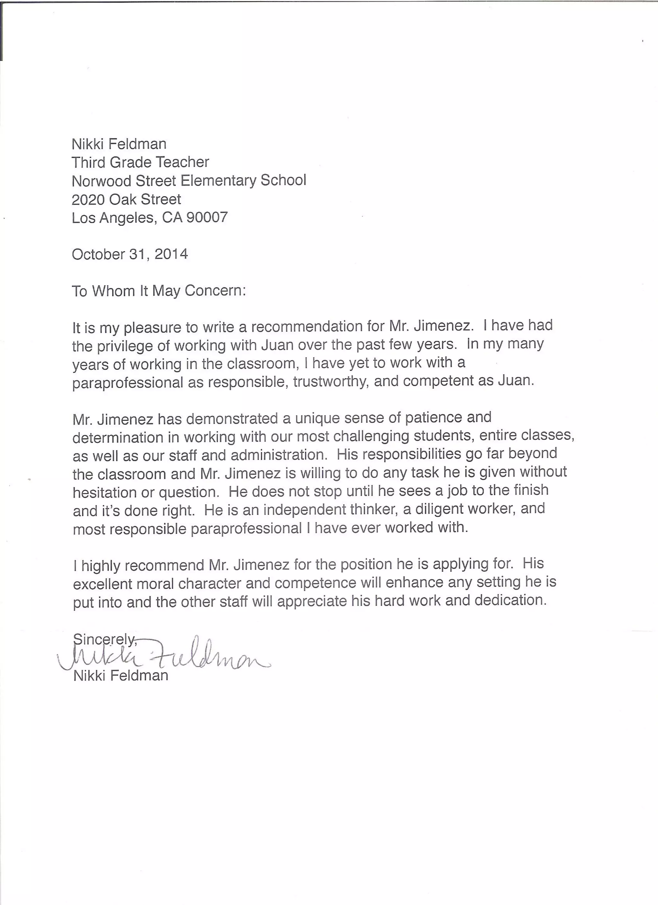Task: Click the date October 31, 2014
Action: coord(130,254)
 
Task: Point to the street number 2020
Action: coord(88,199)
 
